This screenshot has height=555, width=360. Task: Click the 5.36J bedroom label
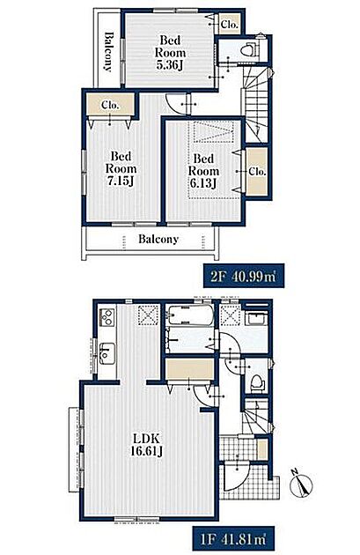coord(170,53)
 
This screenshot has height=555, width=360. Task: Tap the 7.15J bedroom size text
coord(121,168)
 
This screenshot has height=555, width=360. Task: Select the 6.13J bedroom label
coord(203,171)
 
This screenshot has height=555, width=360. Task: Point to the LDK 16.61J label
coord(147,445)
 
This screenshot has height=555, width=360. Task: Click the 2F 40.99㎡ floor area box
coord(243,276)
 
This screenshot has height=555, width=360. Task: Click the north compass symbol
coord(301,484)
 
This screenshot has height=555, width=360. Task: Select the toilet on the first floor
coord(257,383)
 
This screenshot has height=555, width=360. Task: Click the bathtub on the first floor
coord(190,315)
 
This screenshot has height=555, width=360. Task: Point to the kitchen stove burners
coord(107,317)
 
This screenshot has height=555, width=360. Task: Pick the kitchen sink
coord(107,353)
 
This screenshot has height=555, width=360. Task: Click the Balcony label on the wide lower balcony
coord(158,239)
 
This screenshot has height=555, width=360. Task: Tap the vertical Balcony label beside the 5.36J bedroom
coord(108,52)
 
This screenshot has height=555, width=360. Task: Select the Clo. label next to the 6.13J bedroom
coord(257,172)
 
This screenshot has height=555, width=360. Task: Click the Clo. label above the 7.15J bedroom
coord(110,105)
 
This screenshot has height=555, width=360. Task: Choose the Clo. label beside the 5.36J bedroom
coord(230,25)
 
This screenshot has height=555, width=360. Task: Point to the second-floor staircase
coord(255,103)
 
